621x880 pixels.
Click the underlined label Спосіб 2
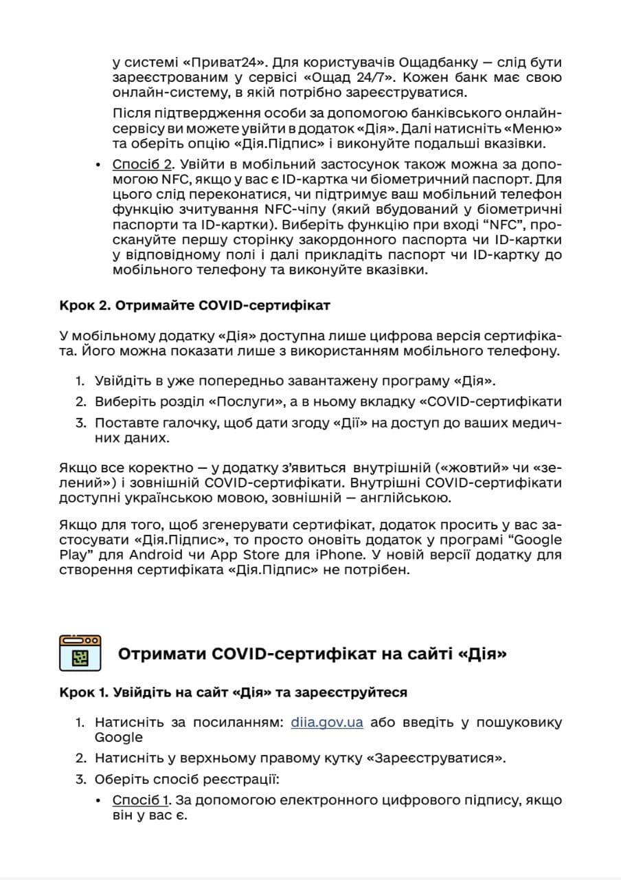pos(142,165)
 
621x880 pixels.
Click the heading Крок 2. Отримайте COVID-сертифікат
pos(194,306)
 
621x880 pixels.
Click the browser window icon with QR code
pos(80,652)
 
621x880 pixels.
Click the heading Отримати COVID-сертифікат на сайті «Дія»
pos(312,653)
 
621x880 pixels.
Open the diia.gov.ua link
pos(326,723)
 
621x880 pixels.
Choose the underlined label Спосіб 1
pos(141,801)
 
